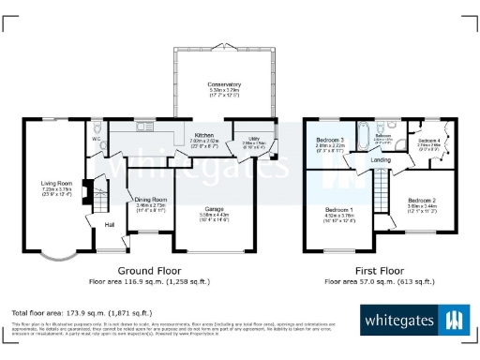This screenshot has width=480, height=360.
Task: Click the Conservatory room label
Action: click(x=224, y=84)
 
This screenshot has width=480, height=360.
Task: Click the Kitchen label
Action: click(x=204, y=137)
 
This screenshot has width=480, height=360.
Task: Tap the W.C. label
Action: click(x=97, y=141)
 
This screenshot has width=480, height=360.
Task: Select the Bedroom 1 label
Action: click(x=338, y=210)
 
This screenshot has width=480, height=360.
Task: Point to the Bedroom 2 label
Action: click(x=421, y=200)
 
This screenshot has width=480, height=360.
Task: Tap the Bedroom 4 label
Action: click(x=430, y=141)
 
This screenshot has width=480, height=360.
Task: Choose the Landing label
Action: click(x=381, y=160)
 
